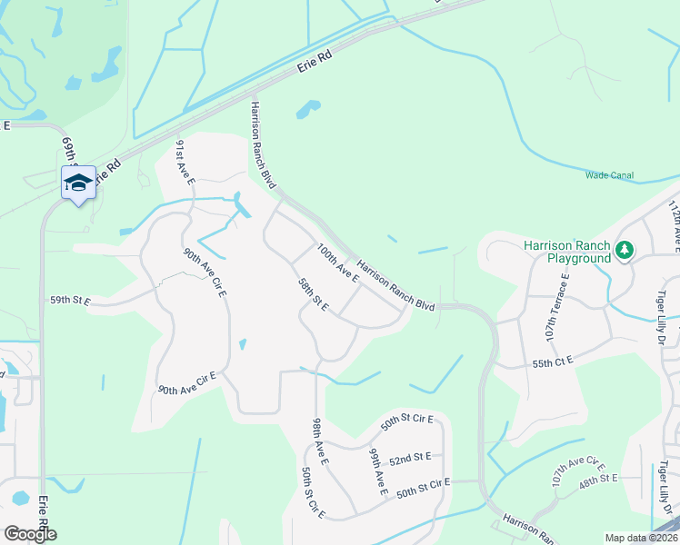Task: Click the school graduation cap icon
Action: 78,183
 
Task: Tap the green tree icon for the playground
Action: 624,248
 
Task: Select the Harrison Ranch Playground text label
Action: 567,252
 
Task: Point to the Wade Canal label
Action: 609,175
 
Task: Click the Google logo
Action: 30,534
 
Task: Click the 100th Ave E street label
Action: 337,263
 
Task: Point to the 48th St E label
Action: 600,478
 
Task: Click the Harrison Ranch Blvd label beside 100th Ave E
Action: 396,286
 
